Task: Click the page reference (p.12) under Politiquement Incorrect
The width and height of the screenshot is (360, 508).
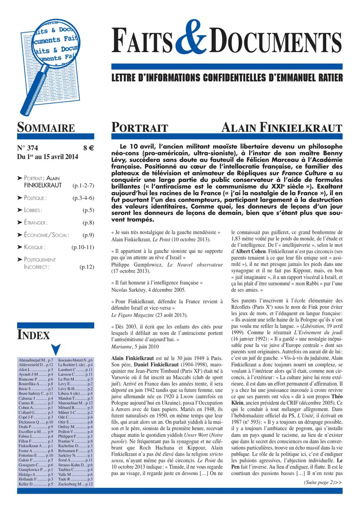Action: click(x=87, y=267)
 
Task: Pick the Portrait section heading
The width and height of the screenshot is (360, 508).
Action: click(x=139, y=128)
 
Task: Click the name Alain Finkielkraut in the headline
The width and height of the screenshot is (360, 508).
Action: click(x=282, y=128)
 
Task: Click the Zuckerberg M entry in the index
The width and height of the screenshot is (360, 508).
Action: click(x=76, y=484)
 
